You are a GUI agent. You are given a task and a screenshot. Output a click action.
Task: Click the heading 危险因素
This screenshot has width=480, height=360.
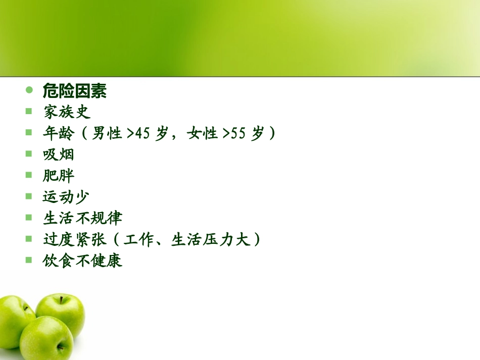[x=74, y=91]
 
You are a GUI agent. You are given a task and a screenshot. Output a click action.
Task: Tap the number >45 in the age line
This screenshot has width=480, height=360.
[x=138, y=134]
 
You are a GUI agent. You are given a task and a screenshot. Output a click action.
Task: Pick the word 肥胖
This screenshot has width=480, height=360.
[x=59, y=176]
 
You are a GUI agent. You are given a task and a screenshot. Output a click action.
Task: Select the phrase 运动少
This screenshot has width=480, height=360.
[x=66, y=197]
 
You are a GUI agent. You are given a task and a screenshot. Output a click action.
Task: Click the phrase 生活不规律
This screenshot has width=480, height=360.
[x=82, y=218]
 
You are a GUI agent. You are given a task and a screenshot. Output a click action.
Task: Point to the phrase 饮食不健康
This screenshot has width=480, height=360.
[x=82, y=261]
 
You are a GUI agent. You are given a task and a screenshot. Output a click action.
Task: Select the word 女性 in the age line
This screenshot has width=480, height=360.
[x=202, y=134]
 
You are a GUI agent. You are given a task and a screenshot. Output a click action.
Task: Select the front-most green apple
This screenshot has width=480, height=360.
[x=46, y=338]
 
